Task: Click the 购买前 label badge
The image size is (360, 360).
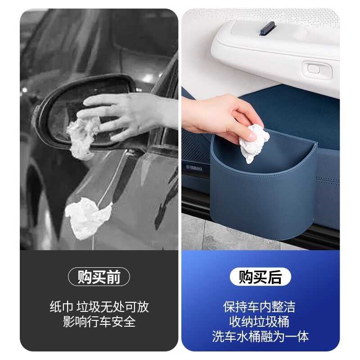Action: (99, 277)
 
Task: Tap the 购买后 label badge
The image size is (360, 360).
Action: (260, 277)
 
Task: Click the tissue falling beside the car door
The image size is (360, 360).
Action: (88, 220)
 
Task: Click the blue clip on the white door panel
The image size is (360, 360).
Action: (268, 28)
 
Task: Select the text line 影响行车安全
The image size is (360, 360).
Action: (99, 322)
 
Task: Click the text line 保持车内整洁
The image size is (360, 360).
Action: (260, 307)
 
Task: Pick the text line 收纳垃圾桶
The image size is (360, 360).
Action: (260, 322)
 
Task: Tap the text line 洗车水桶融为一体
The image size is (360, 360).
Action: (260, 337)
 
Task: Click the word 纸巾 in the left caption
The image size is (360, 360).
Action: (61, 307)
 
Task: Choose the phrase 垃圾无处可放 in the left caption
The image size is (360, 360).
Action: (113, 307)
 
